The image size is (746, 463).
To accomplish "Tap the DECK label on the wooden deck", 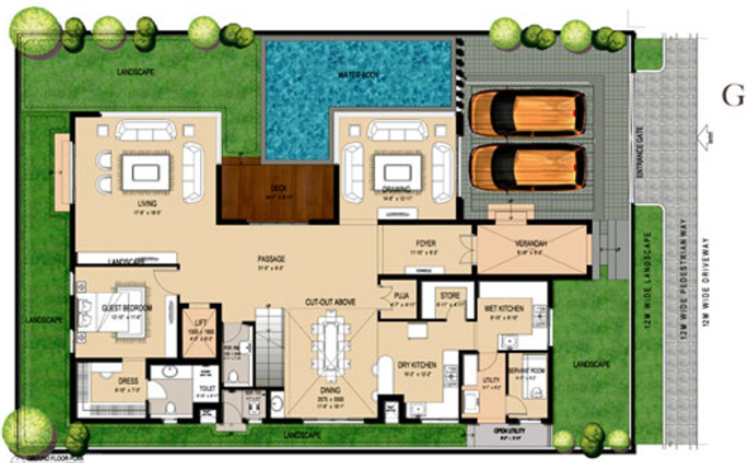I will [x=278, y=189].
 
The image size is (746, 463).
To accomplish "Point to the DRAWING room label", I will [x=396, y=190].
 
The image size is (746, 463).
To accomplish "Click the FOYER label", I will [x=426, y=244].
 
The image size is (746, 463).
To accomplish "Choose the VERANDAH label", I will [x=531, y=244].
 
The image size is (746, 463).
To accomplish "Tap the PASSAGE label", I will [x=271, y=259].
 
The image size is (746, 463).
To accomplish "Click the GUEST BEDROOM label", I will [x=127, y=308].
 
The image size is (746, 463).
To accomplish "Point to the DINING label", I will [x=330, y=390].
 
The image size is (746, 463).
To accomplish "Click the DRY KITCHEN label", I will [x=417, y=365].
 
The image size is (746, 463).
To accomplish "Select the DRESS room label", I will [x=128, y=381].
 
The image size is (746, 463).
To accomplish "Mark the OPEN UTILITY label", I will [x=510, y=431].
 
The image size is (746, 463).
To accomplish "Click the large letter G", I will [x=734, y=98].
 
